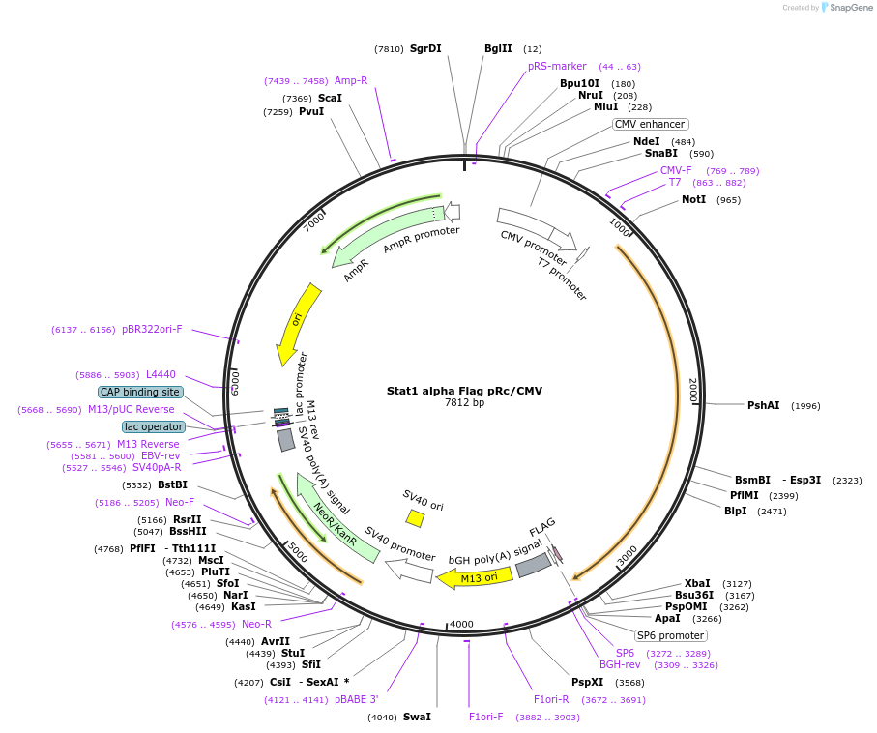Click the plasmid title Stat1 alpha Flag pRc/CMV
[x=464, y=391]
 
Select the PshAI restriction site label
[x=763, y=405]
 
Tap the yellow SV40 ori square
[x=415, y=518]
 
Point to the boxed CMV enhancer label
[x=650, y=124]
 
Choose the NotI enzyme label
[x=693, y=199]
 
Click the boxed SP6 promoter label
[x=670, y=635]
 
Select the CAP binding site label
[x=140, y=392]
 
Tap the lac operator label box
[x=153, y=426]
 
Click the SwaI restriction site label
[x=416, y=717]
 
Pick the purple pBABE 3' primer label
[x=357, y=699]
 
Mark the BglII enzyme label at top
[x=498, y=48]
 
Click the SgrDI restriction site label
[x=425, y=48]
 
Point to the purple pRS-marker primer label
[x=557, y=66]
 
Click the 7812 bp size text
[x=464, y=402]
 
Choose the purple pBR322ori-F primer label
[x=152, y=329]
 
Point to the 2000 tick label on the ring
[x=692, y=391]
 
